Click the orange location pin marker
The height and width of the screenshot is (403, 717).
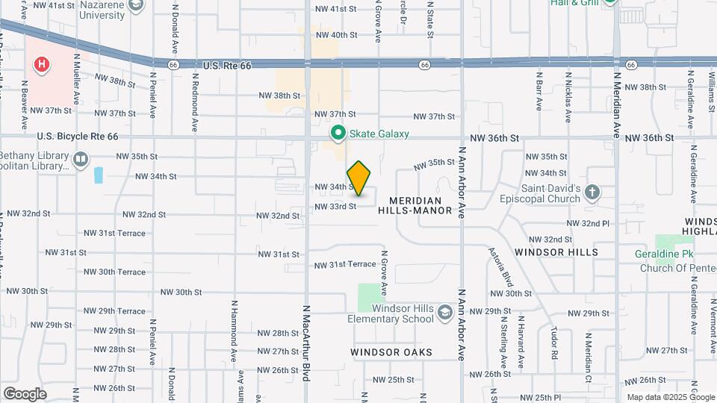coord(359,178)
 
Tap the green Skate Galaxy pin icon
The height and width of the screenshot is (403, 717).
coord(338,134)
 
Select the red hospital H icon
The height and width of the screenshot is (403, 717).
coord(42,65)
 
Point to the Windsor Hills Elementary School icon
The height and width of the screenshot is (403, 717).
coord(445,311)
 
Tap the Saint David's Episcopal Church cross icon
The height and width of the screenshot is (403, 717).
coord(592,192)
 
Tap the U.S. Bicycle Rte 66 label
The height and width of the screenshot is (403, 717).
coord(78,137)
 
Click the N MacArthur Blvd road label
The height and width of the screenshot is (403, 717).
coord(306,343)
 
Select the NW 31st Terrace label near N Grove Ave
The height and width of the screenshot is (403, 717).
coord(344,265)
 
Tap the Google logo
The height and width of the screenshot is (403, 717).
coord(25,393)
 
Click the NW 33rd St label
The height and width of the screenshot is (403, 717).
coord(335,206)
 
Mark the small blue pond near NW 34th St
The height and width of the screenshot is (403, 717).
coord(99,176)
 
